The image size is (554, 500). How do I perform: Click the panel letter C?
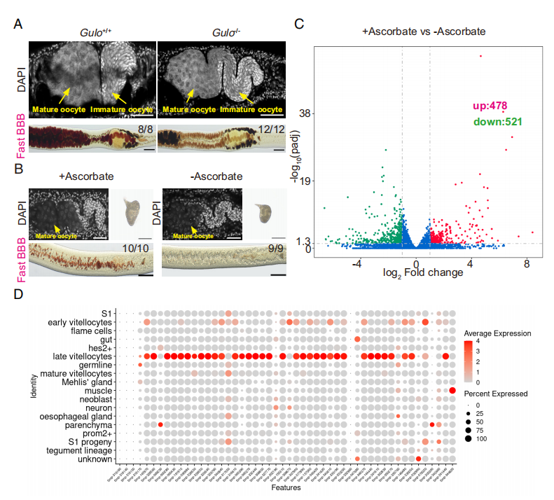pos(299,23)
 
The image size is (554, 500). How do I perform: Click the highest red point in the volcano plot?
pos(480,57)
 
